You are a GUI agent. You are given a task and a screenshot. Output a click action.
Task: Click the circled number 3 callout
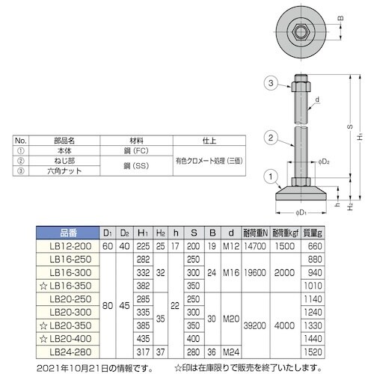tap(271, 83)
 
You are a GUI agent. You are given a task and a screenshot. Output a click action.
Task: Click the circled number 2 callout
tap(271, 138)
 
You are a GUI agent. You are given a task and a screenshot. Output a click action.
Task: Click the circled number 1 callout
tap(271, 177)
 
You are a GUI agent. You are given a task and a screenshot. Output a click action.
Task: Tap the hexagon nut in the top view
tap(301, 32)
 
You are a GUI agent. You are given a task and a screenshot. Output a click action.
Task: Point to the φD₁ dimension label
tap(301, 212)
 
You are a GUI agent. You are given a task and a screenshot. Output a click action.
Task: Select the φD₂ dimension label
tap(324, 162)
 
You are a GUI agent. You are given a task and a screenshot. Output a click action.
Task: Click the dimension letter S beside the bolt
tap(350, 126)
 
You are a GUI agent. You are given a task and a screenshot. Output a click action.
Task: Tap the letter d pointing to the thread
tap(317, 99)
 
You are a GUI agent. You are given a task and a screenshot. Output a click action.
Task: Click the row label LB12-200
tap(70, 246)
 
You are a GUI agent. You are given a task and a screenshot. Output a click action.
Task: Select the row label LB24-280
tap(70, 352)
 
